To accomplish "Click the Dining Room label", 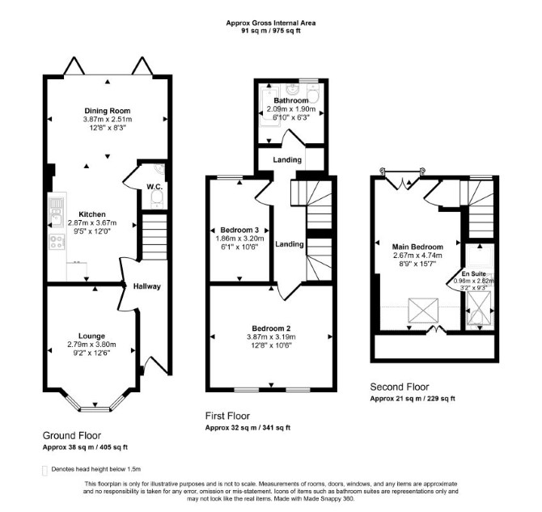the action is click(108, 111).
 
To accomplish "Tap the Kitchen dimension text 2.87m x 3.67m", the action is click(92, 223).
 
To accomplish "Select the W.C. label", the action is click(155, 187).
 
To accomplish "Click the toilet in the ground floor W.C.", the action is click(157, 200).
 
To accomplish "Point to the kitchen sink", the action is click(56, 213).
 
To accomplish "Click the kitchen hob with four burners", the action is click(57, 242).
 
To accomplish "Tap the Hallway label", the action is click(147, 286).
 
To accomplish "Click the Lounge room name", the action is click(91, 336).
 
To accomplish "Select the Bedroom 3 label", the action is click(239, 231).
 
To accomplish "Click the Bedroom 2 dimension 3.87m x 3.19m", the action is click(271, 337).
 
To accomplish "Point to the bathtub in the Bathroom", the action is click(269, 106).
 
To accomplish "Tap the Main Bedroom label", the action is click(417, 248).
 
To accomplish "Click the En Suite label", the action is click(473, 274).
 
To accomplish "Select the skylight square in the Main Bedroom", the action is click(423, 310).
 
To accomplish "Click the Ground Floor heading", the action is click(72, 436).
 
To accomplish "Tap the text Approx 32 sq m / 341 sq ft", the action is click(248, 428).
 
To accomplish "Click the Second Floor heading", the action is click(400, 387).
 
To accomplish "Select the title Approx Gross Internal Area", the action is click(271, 23).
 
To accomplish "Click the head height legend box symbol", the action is click(44, 471).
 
